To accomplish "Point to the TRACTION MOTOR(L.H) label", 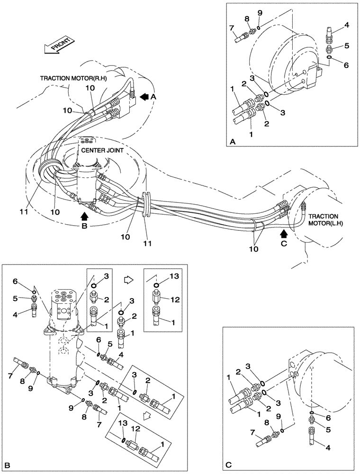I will pyautogui.click(x=326, y=219).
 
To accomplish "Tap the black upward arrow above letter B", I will pyautogui.click(x=85, y=216).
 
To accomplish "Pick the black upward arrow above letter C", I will pyautogui.click(x=284, y=233).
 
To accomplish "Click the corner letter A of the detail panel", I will pyautogui.click(x=233, y=142).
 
